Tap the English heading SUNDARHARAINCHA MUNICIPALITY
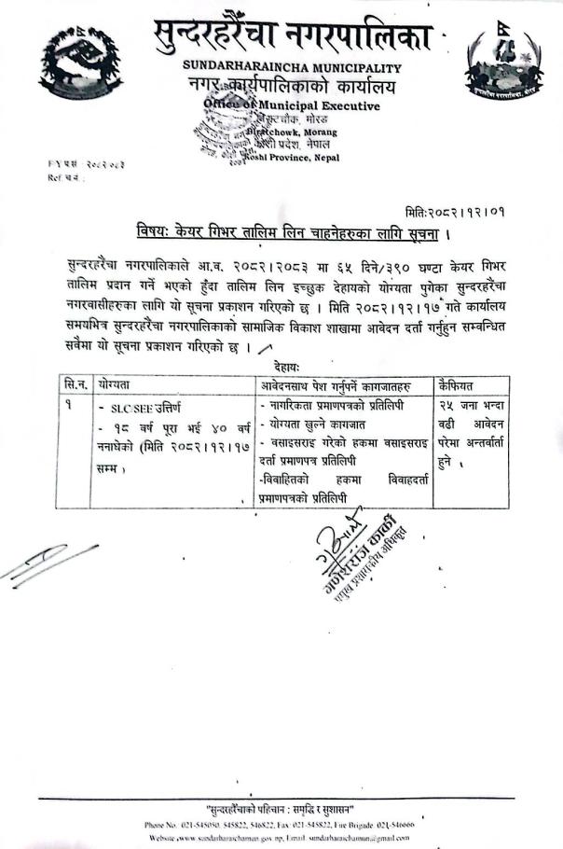click(292, 68)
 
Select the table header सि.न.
click(72, 383)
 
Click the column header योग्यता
click(113, 383)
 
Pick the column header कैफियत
click(457, 383)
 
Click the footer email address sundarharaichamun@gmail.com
click(378, 840)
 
